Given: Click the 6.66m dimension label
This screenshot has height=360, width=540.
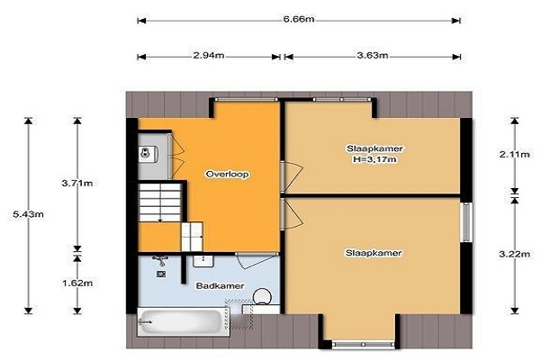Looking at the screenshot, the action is click(x=299, y=19).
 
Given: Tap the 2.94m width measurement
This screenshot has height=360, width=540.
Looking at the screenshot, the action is click(x=209, y=55).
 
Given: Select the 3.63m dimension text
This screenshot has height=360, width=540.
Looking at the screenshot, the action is click(x=373, y=55).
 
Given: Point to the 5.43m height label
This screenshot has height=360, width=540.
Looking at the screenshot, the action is click(x=28, y=214).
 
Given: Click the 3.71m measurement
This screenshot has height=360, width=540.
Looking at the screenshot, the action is click(x=77, y=183).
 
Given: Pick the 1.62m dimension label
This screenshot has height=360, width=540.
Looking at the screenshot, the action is click(x=77, y=283).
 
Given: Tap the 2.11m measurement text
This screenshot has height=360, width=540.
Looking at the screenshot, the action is click(x=515, y=154).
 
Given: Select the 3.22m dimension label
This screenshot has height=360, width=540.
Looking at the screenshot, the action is click(x=515, y=254).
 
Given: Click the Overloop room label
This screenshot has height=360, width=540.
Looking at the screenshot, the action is click(x=228, y=174).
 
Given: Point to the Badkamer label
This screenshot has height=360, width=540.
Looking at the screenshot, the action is click(x=220, y=286).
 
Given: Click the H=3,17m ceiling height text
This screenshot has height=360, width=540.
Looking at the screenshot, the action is click(x=374, y=159).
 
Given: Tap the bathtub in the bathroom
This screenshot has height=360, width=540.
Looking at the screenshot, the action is click(x=184, y=322).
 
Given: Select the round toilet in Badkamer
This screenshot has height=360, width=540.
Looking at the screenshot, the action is click(x=263, y=297).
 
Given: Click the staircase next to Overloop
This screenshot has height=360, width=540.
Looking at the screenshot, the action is click(x=160, y=202).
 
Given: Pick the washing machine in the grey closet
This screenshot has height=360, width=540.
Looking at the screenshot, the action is click(x=149, y=154).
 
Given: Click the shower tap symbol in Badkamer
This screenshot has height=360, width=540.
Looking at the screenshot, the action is click(x=160, y=260).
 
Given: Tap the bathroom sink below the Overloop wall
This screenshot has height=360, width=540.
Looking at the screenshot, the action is click(x=203, y=262).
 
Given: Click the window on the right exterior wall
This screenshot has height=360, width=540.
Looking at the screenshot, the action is click(x=466, y=222).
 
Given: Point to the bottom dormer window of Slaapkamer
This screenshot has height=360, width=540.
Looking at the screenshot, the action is click(x=364, y=344).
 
